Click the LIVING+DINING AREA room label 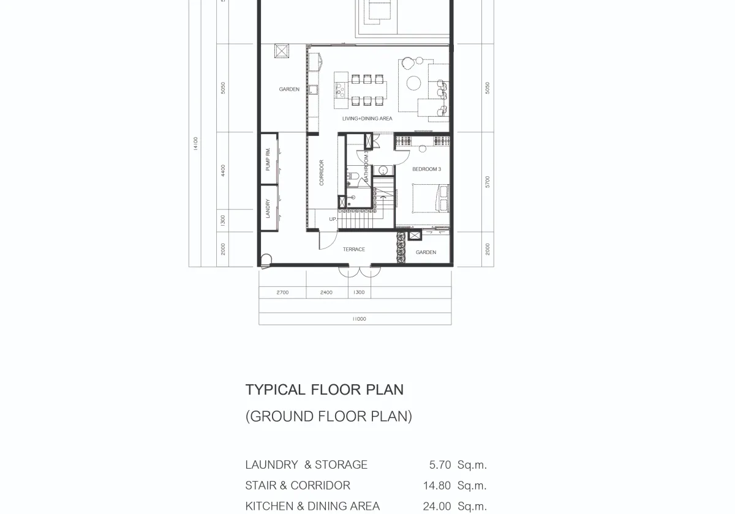pyautogui.click(x=367, y=118)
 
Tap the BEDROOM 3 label pyautogui.click(x=426, y=169)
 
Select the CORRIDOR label pyautogui.click(x=322, y=173)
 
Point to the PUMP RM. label pyautogui.click(x=268, y=159)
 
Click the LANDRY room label pyautogui.click(x=268, y=208)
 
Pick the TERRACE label pyautogui.click(x=354, y=250)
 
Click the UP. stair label pyautogui.click(x=333, y=219)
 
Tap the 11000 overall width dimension pyautogui.click(x=360, y=319)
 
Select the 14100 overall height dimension pyautogui.click(x=195, y=144)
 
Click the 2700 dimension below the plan pyautogui.click(x=282, y=292)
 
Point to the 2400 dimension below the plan pyautogui.click(x=326, y=292)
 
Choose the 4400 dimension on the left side pyautogui.click(x=223, y=171)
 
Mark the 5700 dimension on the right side pyautogui.click(x=488, y=182)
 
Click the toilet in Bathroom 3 pyautogui.click(x=352, y=176)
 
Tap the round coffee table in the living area pyautogui.click(x=414, y=83)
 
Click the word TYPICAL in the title pyautogui.click(x=276, y=390)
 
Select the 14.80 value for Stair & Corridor pyautogui.click(x=437, y=485)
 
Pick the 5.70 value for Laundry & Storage pyautogui.click(x=440, y=465)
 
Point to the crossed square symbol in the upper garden pyautogui.click(x=282, y=51)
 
